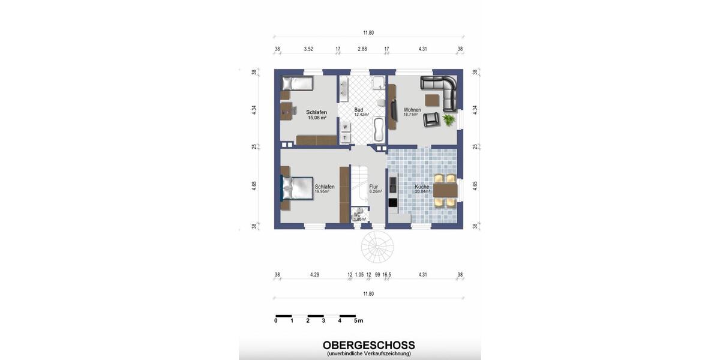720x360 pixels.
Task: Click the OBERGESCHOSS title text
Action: tap(368, 345)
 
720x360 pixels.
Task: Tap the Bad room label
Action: tap(359, 110)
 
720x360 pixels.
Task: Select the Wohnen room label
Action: tap(412, 110)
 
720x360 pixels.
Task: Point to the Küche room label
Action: tap(422, 187)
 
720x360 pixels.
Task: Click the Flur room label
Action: tap(374, 187)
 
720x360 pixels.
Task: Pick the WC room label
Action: tap(357, 214)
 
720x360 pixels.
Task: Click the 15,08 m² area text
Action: tap(317, 118)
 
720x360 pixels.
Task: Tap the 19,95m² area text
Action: tap(325, 192)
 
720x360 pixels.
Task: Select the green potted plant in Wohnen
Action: tap(448, 120)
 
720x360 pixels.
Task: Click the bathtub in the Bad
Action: tap(379, 129)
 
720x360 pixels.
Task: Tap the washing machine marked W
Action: tap(345, 127)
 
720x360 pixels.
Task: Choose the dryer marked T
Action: tap(345, 138)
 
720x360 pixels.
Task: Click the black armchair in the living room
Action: tap(430, 120)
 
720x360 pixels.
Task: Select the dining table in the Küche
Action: tap(445, 190)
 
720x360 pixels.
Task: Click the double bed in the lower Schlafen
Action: tap(297, 188)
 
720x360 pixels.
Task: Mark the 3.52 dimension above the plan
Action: tap(308, 49)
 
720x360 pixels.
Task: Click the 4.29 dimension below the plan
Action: tap(314, 275)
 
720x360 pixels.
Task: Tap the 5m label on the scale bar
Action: tap(358, 321)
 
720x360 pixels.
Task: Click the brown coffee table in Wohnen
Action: tap(433, 100)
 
